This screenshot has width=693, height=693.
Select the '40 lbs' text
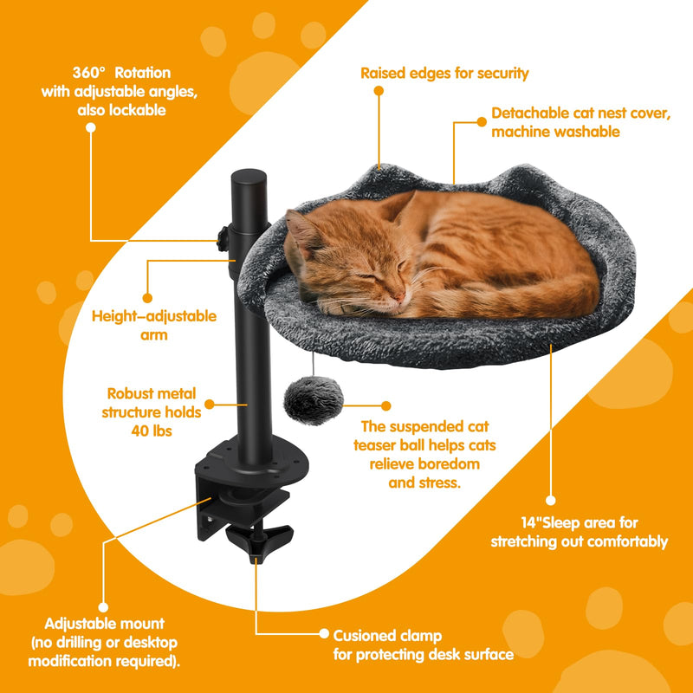154,431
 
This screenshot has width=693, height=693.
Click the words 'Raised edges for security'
444,73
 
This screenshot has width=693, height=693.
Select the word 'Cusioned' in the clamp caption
365,635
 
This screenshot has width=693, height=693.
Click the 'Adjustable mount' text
104,624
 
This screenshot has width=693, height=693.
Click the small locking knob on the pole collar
223,236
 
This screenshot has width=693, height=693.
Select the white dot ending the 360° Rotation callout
90,126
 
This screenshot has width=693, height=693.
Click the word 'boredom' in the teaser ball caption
443,465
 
